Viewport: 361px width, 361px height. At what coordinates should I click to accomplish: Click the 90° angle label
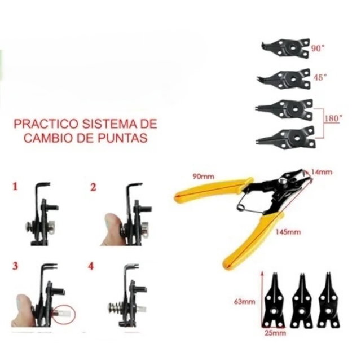[x=318, y=48]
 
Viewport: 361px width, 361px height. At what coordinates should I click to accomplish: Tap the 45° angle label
[x=320, y=78]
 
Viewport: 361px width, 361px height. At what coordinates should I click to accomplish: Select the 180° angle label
[x=333, y=118]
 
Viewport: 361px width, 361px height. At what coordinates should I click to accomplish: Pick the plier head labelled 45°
[x=284, y=79]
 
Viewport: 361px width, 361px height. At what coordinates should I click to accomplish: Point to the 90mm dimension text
[x=203, y=177]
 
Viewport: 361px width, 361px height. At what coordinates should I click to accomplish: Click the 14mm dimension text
[x=322, y=172]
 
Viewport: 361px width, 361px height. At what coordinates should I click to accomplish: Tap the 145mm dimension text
[x=288, y=232]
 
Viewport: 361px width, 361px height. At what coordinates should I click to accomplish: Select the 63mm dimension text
[x=244, y=301]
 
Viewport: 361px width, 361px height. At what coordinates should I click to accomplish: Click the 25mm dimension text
[x=275, y=333]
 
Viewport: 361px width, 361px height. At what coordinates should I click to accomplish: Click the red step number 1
[x=15, y=187]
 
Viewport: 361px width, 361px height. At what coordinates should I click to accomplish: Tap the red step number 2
[x=93, y=187]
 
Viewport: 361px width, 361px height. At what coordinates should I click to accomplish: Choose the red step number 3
[x=15, y=266]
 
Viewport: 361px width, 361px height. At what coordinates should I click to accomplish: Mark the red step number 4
[x=91, y=266]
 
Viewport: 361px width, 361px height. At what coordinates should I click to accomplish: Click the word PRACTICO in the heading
[x=46, y=124]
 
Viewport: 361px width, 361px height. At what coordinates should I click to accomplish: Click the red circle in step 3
[x=64, y=314]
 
